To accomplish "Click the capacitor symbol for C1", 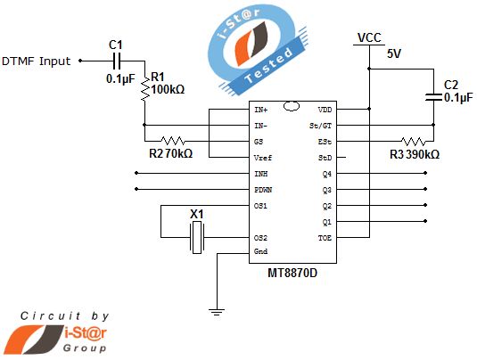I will [116, 61].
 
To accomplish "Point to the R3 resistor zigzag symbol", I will [412, 141].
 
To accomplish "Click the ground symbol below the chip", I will [215, 311].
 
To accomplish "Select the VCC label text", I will [369, 37].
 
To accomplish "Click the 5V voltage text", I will [394, 53].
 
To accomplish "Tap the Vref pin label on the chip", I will [263, 158].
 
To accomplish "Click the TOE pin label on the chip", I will [325, 238].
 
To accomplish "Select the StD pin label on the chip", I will [325, 158].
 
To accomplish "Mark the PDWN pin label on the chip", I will [264, 190].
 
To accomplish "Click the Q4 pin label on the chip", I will [326, 174].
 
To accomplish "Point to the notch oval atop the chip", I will [291, 107].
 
